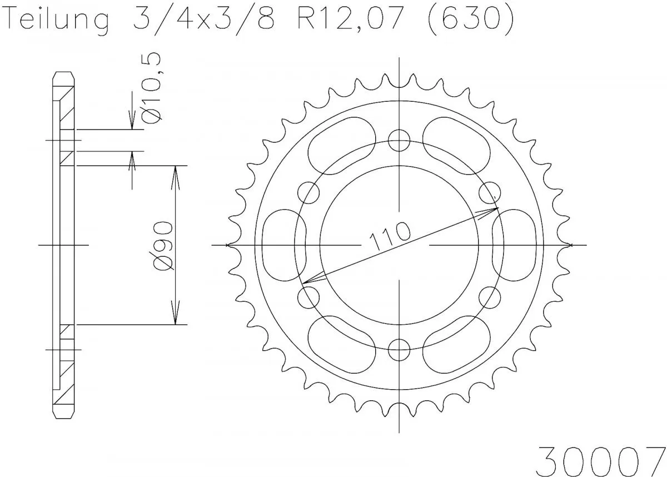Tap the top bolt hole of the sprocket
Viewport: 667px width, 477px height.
click(399, 140)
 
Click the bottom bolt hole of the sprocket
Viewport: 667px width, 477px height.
click(399, 349)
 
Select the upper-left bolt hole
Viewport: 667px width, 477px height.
click(309, 192)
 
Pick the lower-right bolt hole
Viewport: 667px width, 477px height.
click(490, 297)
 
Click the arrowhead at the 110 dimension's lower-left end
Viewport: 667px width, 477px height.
click(307, 281)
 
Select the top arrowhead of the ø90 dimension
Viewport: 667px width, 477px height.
click(176, 172)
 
